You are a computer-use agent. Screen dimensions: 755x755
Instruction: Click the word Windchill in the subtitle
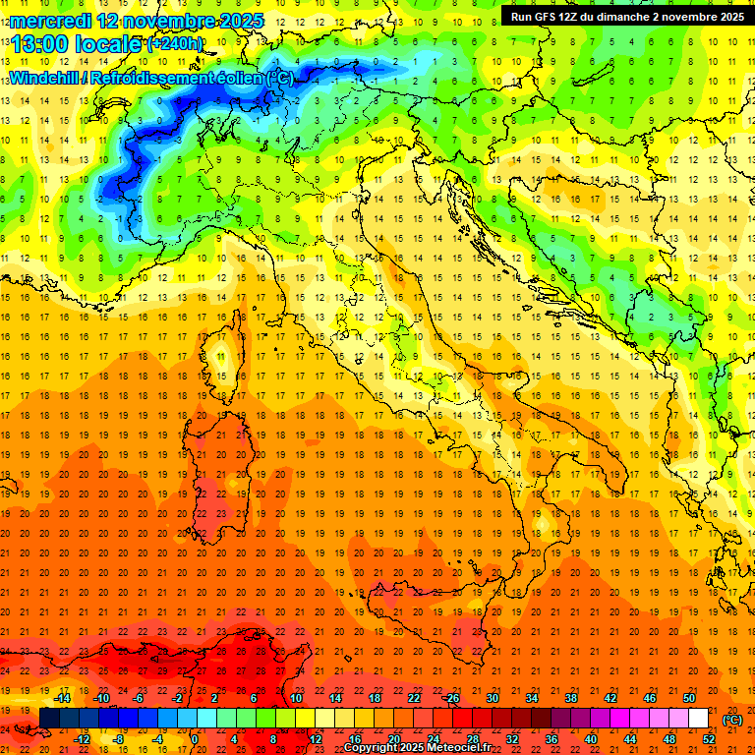point(46,78)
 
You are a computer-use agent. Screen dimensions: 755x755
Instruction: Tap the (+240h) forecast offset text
point(175,44)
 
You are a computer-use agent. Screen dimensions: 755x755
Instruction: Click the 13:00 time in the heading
point(39,44)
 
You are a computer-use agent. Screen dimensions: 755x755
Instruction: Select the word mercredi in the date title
point(48,20)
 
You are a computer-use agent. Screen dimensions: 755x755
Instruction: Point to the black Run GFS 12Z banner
point(626,16)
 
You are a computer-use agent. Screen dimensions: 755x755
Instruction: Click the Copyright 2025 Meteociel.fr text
point(417,747)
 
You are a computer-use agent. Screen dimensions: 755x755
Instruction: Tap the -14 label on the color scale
point(63,698)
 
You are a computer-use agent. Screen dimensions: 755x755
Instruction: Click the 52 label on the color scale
point(709,739)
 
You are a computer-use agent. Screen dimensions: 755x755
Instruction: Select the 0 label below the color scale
point(195,739)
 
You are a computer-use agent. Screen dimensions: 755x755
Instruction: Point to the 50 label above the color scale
point(689,698)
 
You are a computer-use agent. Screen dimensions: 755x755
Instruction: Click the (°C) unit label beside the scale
point(733,719)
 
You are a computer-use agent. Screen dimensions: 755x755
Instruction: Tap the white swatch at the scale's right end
point(698,719)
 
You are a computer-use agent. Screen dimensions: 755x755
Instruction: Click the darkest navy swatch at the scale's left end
point(49,719)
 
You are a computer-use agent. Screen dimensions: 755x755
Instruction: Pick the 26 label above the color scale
point(452,698)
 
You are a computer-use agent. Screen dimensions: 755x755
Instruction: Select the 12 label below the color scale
point(316,739)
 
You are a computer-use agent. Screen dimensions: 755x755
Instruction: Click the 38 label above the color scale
point(571,698)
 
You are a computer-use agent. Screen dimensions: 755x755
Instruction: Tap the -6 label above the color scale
point(139,698)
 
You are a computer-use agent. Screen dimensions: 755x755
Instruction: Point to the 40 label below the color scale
point(591,739)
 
